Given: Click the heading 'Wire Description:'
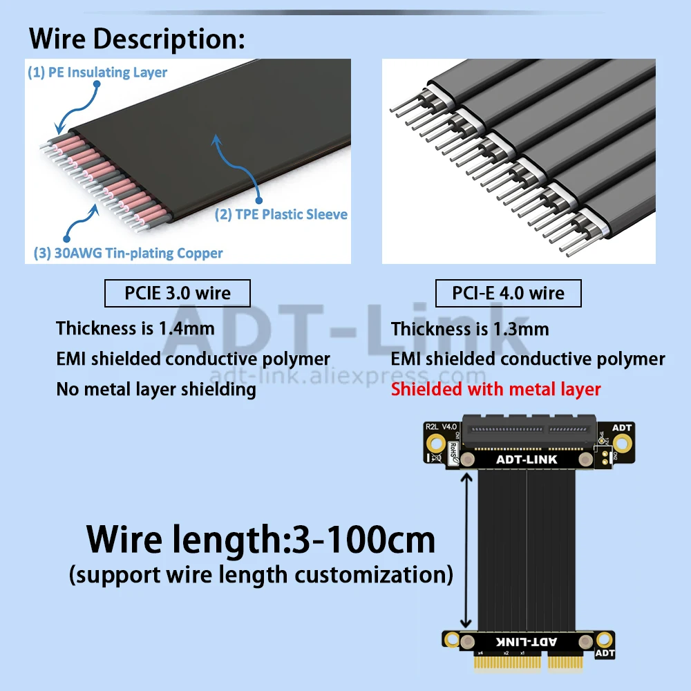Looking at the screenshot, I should (x=137, y=39).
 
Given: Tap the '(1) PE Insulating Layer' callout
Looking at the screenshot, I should (x=97, y=73).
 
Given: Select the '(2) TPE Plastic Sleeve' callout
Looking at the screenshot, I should (x=281, y=214).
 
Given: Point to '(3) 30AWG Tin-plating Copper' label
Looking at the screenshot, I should (x=129, y=253).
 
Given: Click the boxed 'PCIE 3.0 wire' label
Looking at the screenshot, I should (x=178, y=294).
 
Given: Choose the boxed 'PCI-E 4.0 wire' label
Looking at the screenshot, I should (x=508, y=294).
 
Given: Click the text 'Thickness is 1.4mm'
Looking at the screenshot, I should (x=135, y=328).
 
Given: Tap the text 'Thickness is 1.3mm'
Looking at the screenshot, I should (x=470, y=328).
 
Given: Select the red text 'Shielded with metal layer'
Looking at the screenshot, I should (x=496, y=389).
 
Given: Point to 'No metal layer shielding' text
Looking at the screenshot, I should (x=156, y=389).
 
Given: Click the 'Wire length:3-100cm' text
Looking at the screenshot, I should (x=261, y=539).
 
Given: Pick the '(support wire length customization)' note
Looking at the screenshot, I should (x=261, y=575).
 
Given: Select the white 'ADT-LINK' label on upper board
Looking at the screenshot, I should (x=527, y=460).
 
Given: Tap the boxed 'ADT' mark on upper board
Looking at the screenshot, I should (x=622, y=428).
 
